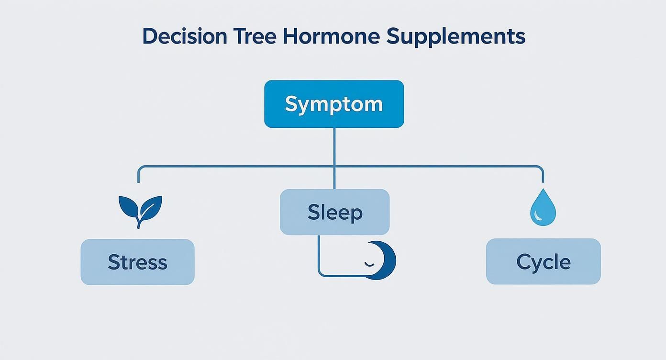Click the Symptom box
click(334, 104)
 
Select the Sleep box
click(334, 212)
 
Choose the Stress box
click(137, 262)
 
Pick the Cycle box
click(543, 262)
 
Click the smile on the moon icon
click(369, 264)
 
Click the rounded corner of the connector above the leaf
click(140, 169)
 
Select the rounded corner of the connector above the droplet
click(541, 169)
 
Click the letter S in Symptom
click(290, 104)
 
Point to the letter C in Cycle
click(523, 262)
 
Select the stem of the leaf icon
click(139, 223)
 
